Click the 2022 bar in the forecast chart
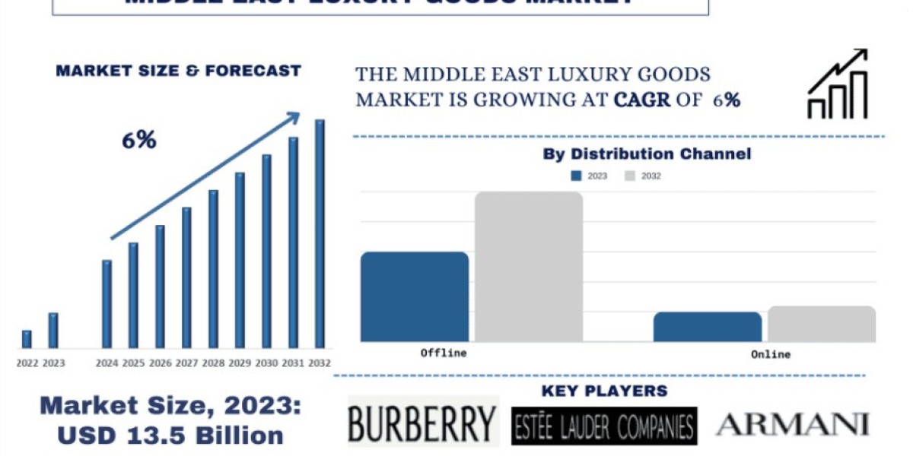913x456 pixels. coord(27,339)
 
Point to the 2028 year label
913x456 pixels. coord(213,363)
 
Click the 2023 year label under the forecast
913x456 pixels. coord(53,363)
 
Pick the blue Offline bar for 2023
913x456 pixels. coord(415,296)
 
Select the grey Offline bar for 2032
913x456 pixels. coord(530,266)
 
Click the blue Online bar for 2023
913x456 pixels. coord(707,327)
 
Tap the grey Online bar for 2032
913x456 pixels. coord(822,324)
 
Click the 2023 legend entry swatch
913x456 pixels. coord(576,176)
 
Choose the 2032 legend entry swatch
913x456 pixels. coord(630,176)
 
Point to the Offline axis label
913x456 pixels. coord(444,353)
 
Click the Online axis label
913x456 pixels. coord(771,354)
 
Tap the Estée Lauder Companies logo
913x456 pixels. coord(604,426)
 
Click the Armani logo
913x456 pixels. coord(791,424)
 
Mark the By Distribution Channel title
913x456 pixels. coord(647,154)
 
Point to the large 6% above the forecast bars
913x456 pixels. coord(138,140)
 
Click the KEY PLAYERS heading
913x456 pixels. coord(604,391)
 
